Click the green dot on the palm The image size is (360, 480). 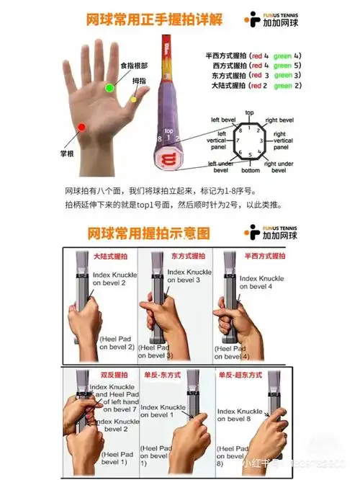point(109,87)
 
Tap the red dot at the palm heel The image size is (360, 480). point(82,128)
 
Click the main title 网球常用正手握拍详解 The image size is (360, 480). point(149,20)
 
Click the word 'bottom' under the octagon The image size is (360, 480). point(250,170)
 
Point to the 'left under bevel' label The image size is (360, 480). point(222,166)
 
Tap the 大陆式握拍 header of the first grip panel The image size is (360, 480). point(110,256)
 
